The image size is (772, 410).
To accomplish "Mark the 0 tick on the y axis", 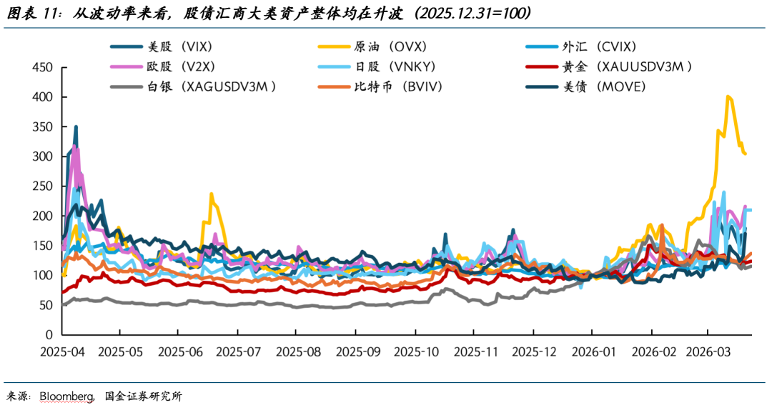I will click(49, 334).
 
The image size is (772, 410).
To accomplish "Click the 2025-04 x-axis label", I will click(64, 352).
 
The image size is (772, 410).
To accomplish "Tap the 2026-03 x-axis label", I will click(708, 352).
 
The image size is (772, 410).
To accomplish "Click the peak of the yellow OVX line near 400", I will click(728, 96).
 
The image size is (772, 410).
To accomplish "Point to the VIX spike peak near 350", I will click(76, 127).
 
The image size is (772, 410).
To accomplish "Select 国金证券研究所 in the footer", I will click(143, 396).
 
